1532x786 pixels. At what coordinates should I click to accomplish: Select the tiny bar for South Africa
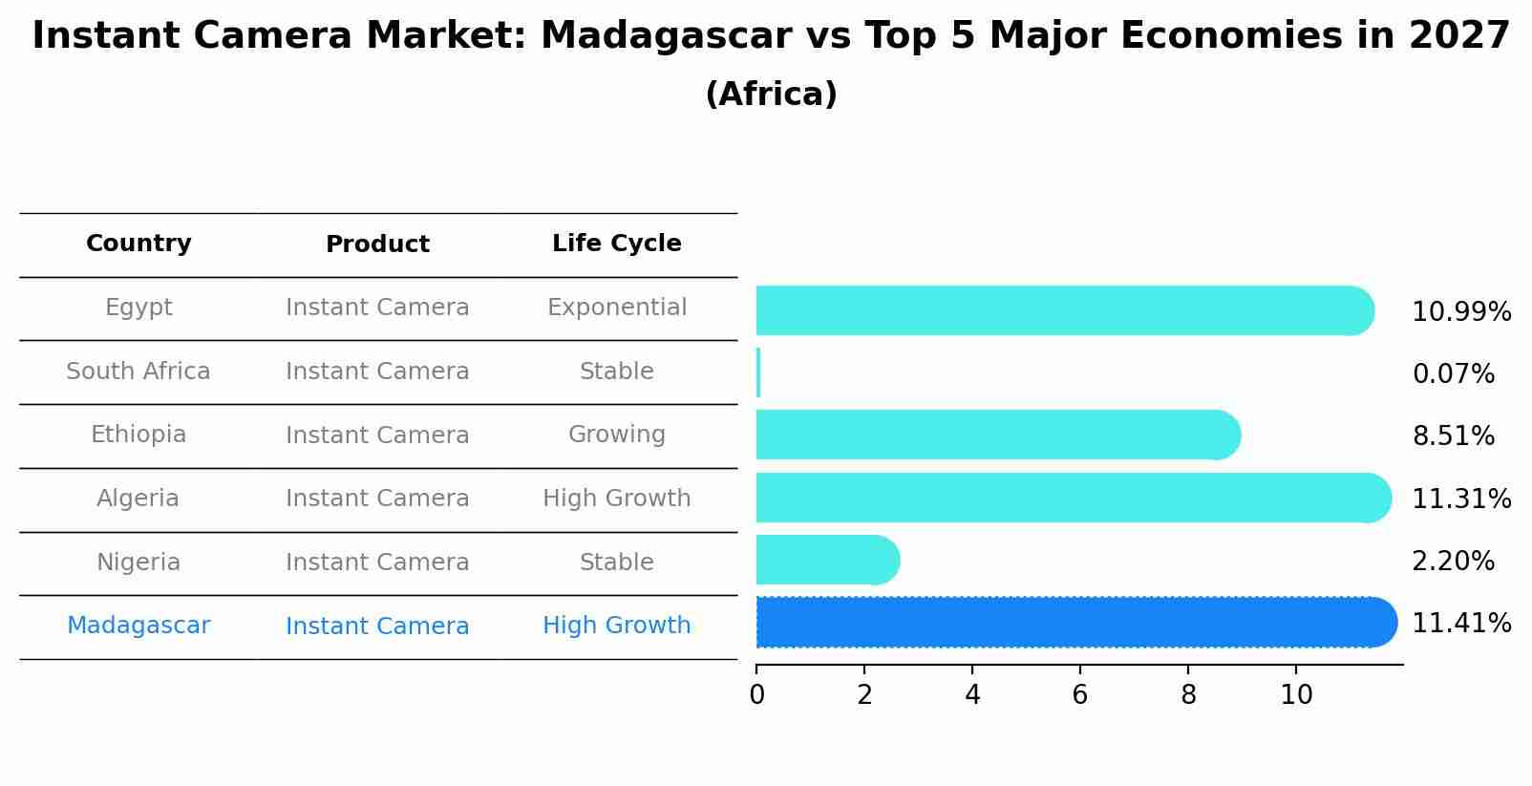758,372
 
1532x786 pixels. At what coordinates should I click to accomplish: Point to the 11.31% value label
1460,499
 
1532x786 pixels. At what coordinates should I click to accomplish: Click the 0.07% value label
1453,374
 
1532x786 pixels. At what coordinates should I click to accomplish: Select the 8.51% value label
1453,436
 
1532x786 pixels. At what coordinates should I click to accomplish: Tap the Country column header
138,244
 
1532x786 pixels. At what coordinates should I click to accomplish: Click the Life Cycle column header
616,244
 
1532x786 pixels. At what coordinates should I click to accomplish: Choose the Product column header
377,244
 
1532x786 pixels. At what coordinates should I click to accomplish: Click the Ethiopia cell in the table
138,435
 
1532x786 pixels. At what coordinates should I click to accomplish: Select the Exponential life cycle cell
616,308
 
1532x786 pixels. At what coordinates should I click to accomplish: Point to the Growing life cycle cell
616,435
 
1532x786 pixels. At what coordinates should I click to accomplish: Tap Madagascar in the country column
138,626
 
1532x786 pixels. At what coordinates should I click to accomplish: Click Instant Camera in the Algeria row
377,499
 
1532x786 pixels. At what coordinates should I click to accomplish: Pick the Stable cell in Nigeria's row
616,563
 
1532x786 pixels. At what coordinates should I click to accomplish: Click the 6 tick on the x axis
1080,695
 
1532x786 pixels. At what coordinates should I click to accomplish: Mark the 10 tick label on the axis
1296,695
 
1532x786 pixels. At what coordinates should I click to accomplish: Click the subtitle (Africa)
771,95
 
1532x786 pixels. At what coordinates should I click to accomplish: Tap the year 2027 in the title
1458,36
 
